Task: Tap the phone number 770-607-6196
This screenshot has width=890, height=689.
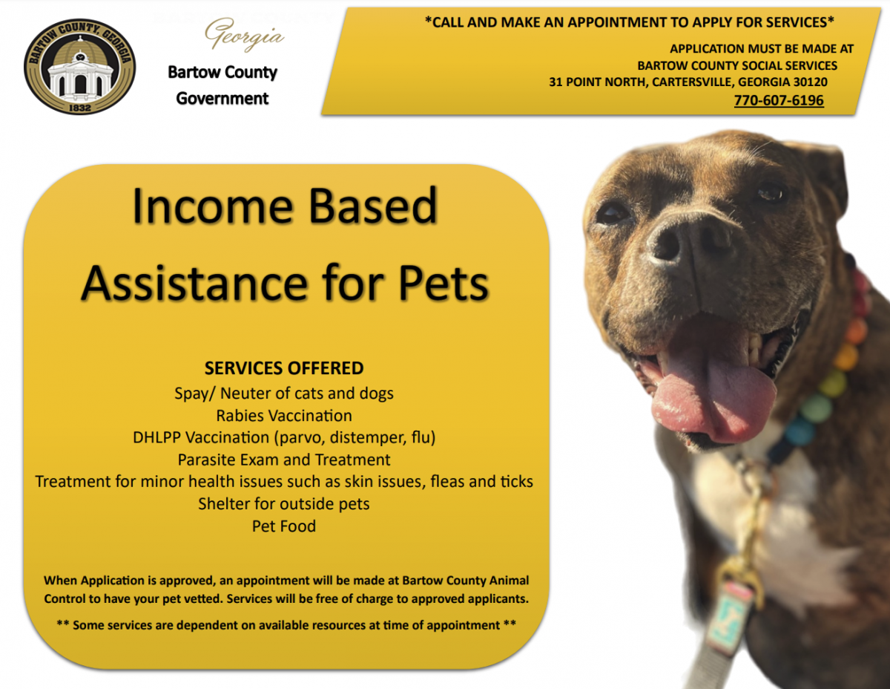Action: pos(778,100)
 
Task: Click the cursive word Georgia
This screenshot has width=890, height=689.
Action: pos(244,34)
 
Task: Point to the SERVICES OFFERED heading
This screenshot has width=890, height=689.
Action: pos(284,368)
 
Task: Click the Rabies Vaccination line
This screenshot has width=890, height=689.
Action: pos(284,415)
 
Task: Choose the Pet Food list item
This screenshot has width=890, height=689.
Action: pos(284,526)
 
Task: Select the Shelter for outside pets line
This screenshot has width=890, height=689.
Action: pos(284,504)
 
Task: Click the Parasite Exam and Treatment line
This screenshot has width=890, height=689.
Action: pos(284,460)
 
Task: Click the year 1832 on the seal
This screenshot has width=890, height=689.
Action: pos(79,106)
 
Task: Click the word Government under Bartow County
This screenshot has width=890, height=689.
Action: pos(222,98)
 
